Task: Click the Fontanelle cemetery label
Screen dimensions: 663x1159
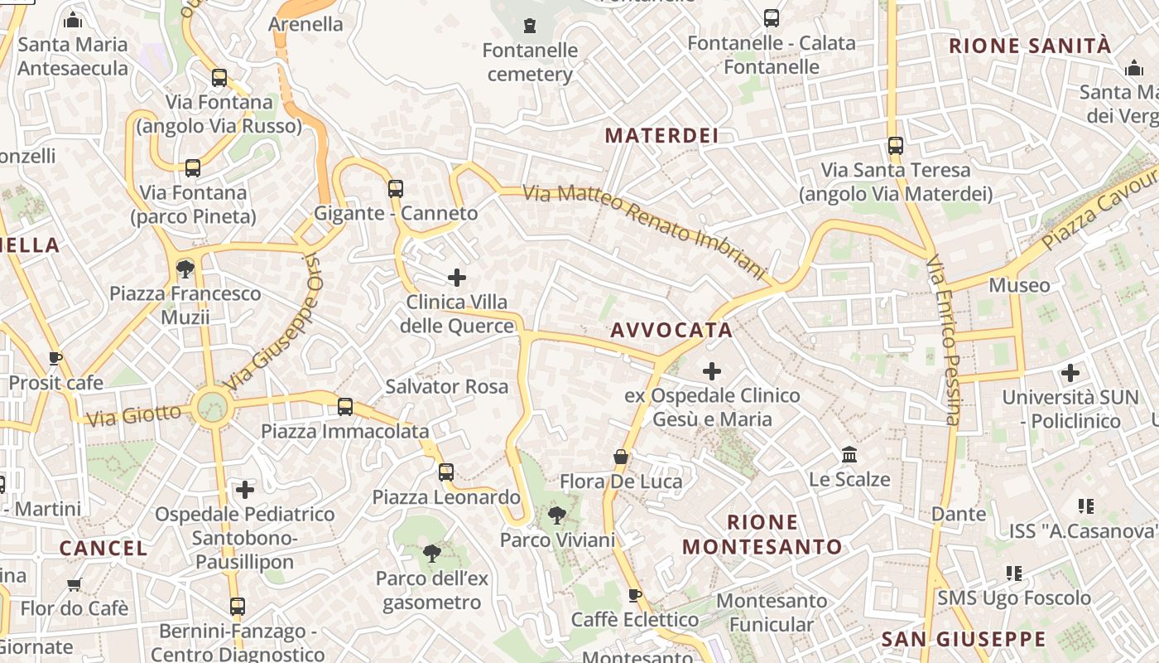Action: point(530,62)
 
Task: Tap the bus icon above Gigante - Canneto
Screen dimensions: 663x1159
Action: point(396,189)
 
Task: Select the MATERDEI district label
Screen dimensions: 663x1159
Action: point(661,135)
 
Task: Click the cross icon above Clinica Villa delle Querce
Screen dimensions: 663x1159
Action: point(457,278)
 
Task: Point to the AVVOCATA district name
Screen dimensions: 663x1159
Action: point(671,330)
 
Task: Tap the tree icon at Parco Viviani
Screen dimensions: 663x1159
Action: point(557,515)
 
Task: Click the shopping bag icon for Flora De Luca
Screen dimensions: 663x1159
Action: point(621,457)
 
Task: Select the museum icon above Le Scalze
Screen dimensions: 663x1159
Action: point(849,455)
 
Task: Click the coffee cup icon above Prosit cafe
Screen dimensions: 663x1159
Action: point(55,359)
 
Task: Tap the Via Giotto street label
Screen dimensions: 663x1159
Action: point(133,414)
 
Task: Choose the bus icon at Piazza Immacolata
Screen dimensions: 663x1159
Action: point(345,407)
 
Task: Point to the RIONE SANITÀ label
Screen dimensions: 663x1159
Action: point(1029,46)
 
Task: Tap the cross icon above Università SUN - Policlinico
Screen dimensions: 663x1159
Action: point(1070,373)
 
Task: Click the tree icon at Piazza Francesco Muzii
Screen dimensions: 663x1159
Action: point(185,269)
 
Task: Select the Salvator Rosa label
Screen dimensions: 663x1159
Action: point(447,386)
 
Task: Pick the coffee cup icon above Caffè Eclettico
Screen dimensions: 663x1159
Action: point(635,595)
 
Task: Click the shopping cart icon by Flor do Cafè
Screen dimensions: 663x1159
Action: point(74,584)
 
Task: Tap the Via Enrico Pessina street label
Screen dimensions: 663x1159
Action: point(943,340)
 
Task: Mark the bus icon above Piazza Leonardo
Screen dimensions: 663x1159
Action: point(446,472)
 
